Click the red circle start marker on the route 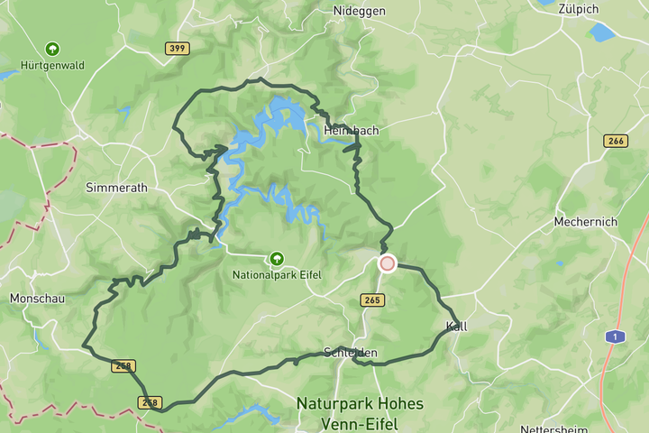point(388,263)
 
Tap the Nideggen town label point(361,11)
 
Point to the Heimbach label point(351,131)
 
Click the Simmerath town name point(115,188)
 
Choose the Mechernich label point(586,222)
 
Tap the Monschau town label point(37,298)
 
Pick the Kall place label point(456,326)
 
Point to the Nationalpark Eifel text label point(277,275)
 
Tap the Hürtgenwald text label point(52,64)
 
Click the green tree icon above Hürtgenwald point(52,48)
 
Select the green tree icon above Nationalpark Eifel point(277,259)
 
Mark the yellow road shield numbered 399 point(178,48)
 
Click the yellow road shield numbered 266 point(616,141)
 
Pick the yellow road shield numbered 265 point(371,299)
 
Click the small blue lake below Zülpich point(601,32)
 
